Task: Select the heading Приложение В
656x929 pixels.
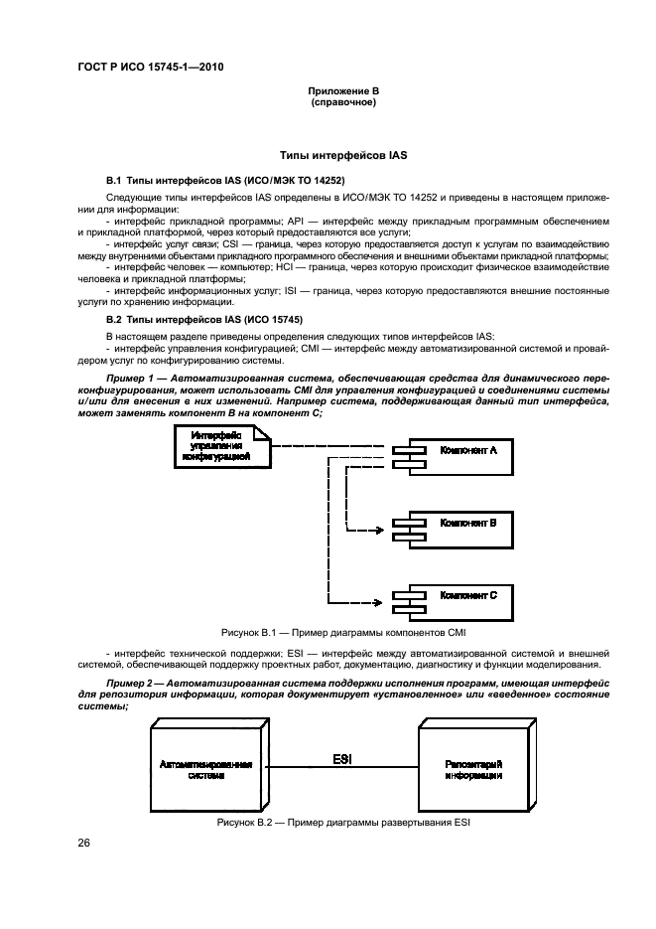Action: tap(342, 91)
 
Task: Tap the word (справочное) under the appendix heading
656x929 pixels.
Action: tap(342, 102)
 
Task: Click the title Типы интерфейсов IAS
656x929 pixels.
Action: tap(343, 157)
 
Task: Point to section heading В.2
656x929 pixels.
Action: tap(204, 320)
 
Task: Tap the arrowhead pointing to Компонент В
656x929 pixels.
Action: tap(381, 530)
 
